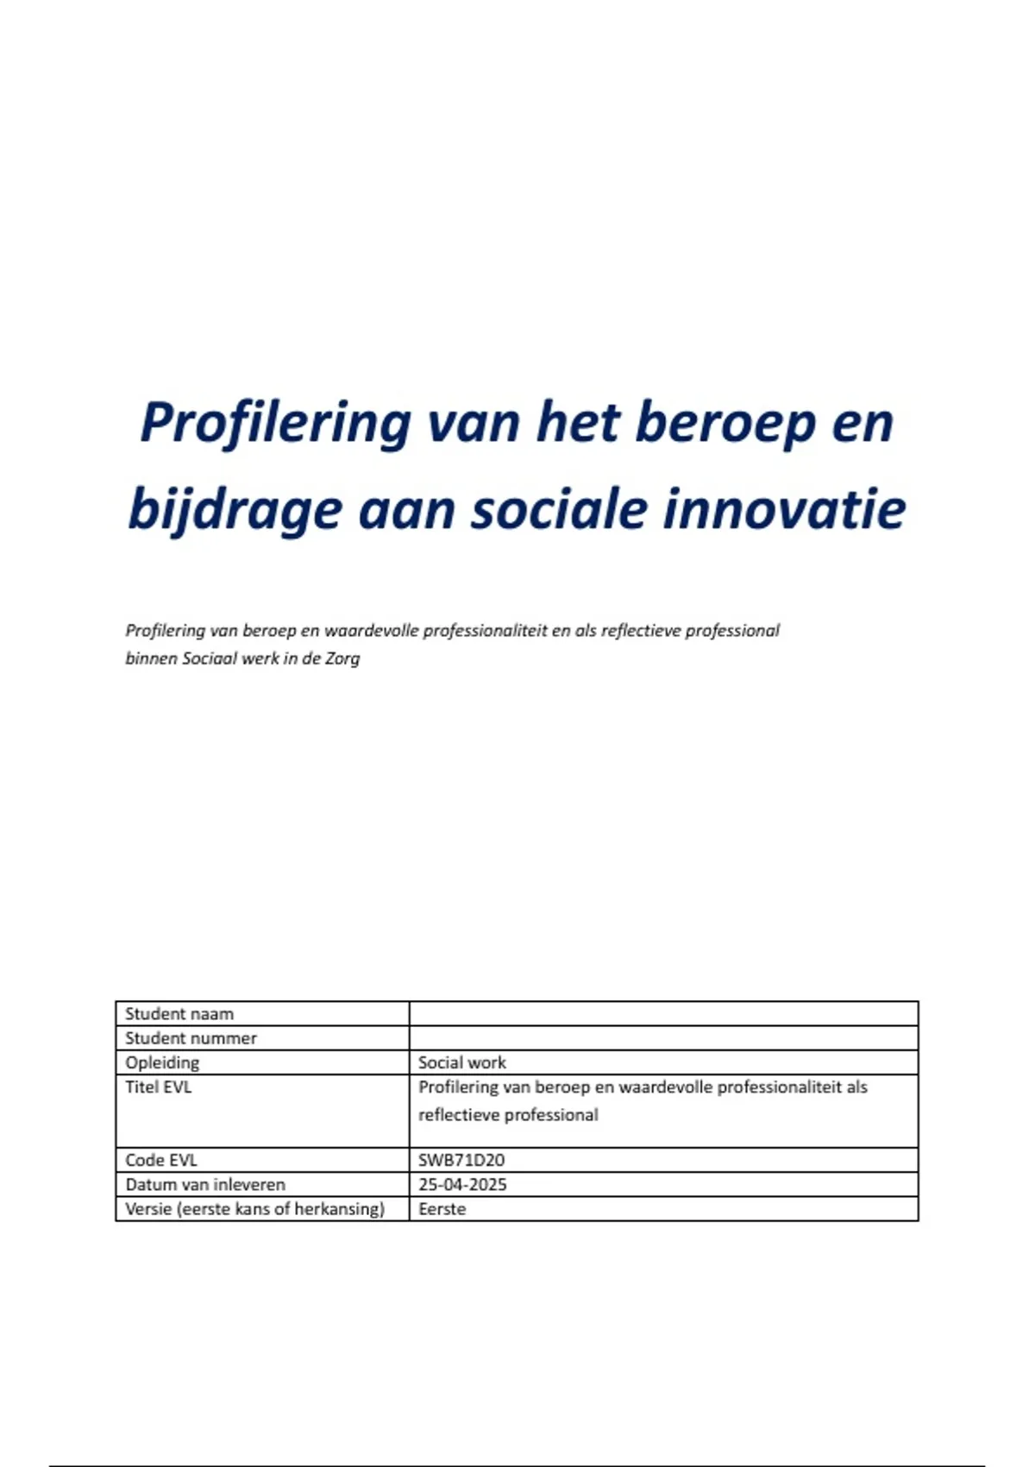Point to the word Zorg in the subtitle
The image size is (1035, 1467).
(342, 658)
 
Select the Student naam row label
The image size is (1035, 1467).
(179, 1014)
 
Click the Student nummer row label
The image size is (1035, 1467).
(191, 1038)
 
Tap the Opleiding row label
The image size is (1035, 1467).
(162, 1062)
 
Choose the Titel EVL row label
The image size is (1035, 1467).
(159, 1087)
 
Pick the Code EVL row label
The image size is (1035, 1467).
(161, 1160)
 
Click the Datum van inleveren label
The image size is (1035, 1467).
(205, 1185)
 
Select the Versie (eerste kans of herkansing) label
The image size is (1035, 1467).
(254, 1209)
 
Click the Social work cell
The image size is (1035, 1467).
(462, 1062)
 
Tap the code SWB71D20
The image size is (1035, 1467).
(461, 1160)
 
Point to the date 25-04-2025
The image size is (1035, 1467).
(462, 1185)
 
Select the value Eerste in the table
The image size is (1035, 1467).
(442, 1209)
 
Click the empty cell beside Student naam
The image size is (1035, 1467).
(663, 1014)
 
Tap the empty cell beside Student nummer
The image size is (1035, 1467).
(663, 1038)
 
